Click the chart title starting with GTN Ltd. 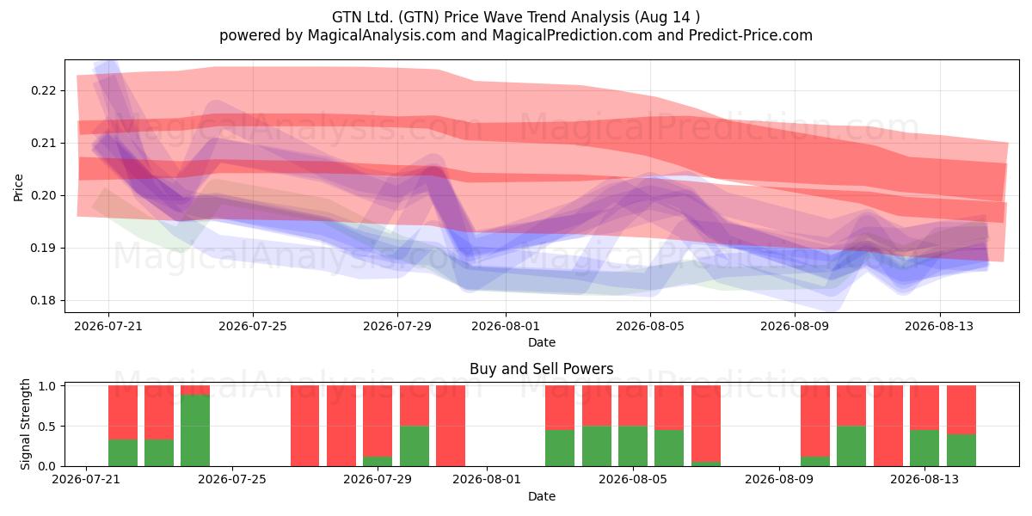tap(515, 17)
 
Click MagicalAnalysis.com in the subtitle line tap(382, 35)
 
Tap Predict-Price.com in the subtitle tap(751, 35)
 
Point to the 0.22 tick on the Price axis tap(43, 90)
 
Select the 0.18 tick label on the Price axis tap(43, 300)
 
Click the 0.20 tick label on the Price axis tap(43, 195)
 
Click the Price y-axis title tap(18, 187)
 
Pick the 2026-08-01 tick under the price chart tap(506, 326)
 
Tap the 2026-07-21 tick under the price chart tap(108, 326)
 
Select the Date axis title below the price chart tap(542, 342)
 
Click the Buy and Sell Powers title tap(542, 369)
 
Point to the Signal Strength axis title tap(25, 424)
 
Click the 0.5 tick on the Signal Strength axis tap(48, 427)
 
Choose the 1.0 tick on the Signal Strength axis tap(48, 386)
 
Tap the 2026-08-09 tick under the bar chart tap(779, 479)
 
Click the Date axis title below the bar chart tap(542, 496)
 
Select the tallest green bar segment tap(195, 430)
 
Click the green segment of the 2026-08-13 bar tap(924, 448)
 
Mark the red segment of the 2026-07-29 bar tap(378, 421)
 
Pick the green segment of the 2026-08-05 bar tap(633, 446)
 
